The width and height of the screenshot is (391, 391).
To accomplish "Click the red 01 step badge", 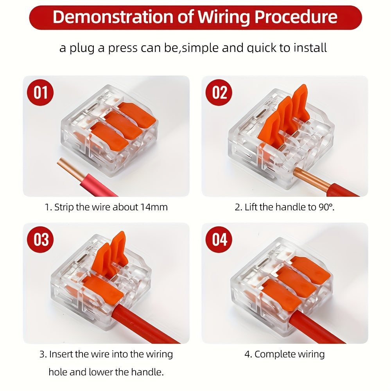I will [x=40, y=93].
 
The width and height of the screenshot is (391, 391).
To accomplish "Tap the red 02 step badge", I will [x=219, y=93].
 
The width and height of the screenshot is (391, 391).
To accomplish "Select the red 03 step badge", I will [x=40, y=240].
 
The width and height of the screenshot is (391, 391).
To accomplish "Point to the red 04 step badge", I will [x=219, y=240].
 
